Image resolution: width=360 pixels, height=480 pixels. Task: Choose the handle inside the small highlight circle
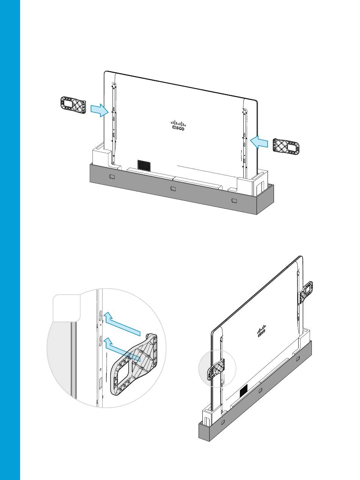click(216, 370)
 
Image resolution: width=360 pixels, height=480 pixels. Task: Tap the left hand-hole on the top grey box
click(112, 177)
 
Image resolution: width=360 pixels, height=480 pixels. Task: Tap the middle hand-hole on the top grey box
click(173, 188)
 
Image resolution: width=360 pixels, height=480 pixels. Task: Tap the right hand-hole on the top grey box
click(234, 200)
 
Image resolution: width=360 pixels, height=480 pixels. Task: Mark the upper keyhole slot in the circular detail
click(100, 316)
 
